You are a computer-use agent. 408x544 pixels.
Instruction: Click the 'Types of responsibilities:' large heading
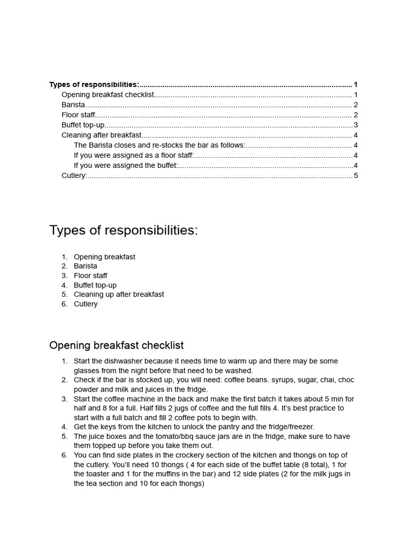(x=123, y=230)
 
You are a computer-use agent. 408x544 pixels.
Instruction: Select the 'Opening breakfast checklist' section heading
(x=116, y=345)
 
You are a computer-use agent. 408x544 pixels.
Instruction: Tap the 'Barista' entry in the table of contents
(x=73, y=105)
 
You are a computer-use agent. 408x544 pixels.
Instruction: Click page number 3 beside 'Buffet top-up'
(x=355, y=125)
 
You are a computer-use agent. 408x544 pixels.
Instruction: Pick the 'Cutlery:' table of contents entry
(x=74, y=175)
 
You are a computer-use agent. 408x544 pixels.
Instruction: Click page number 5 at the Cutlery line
(x=355, y=175)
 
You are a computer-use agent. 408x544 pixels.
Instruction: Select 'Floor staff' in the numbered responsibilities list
(x=90, y=276)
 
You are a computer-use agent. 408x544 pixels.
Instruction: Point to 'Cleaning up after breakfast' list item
(x=118, y=294)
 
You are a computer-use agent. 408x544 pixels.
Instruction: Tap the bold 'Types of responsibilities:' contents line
(x=94, y=84)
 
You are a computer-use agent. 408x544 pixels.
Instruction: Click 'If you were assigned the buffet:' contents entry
(x=126, y=165)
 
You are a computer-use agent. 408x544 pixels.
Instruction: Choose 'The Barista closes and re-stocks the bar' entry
(x=159, y=145)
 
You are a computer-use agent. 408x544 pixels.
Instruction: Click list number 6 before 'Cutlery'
(x=64, y=304)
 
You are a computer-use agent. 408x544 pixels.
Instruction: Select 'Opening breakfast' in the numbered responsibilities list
(x=104, y=257)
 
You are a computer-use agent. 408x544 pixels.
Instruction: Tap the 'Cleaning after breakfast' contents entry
(x=101, y=135)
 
